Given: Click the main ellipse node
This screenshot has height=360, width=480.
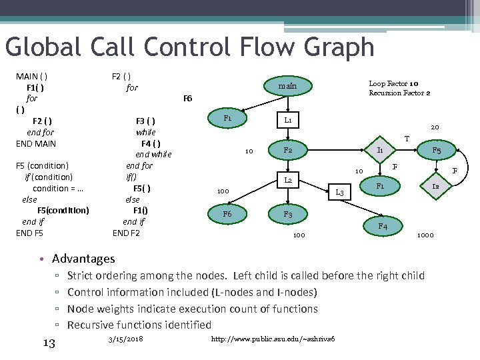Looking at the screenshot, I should (287, 86).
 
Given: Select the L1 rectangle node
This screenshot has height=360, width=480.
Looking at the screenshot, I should (287, 121).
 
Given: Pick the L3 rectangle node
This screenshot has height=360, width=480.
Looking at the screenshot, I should (339, 192).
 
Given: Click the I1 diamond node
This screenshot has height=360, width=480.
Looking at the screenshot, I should (379, 151).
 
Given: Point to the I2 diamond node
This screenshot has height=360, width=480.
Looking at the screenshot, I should (435, 187).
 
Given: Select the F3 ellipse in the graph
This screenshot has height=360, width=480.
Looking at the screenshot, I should (287, 215).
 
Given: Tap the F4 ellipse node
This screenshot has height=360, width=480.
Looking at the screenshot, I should (383, 226).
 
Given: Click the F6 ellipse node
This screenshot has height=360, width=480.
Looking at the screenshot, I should (227, 215).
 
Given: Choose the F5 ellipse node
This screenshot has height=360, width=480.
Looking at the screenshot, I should (436, 151).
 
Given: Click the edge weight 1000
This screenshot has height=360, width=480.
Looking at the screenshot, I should (425, 235).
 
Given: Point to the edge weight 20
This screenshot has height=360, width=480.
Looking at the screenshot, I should (435, 127).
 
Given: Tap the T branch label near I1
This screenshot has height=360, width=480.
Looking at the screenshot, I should (407, 139).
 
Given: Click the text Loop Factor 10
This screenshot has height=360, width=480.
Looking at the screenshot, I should (393, 83).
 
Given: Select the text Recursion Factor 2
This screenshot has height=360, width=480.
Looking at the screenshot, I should (399, 93).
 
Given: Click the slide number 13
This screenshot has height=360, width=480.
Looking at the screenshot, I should (48, 343).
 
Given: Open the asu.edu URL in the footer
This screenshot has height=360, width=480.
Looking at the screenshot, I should (273, 340).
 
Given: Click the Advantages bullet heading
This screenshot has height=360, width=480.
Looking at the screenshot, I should (83, 259).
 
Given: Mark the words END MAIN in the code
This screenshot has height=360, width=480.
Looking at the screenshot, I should (36, 143).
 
